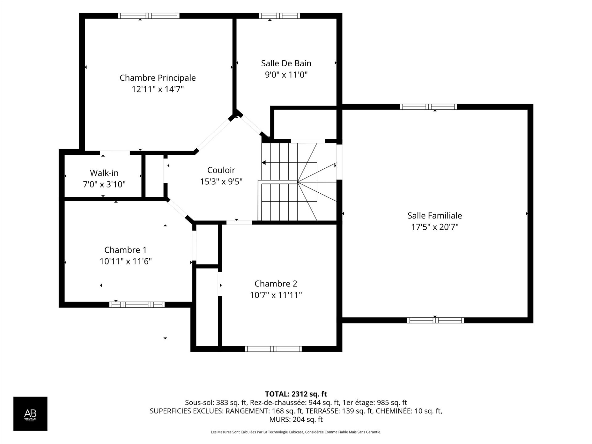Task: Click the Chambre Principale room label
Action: click(x=158, y=78)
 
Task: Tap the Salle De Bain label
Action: click(x=286, y=63)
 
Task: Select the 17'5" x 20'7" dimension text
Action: click(x=435, y=227)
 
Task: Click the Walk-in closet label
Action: click(x=104, y=173)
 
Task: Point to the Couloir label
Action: click(x=221, y=170)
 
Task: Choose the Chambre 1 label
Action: click(x=125, y=250)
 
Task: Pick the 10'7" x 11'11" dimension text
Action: click(x=276, y=295)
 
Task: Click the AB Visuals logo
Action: click(x=30, y=413)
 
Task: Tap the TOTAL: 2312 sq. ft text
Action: click(x=296, y=394)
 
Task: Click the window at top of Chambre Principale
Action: click(x=149, y=16)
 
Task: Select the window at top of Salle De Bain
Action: click(x=279, y=16)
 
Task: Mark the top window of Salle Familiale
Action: click(x=429, y=107)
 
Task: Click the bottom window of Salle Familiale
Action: click(x=436, y=320)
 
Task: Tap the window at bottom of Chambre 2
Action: click(x=273, y=349)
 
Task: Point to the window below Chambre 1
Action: click(x=137, y=305)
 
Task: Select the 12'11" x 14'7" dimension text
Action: click(x=158, y=89)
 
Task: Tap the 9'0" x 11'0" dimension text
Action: click(x=286, y=75)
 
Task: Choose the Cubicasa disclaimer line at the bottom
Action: click(x=296, y=432)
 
